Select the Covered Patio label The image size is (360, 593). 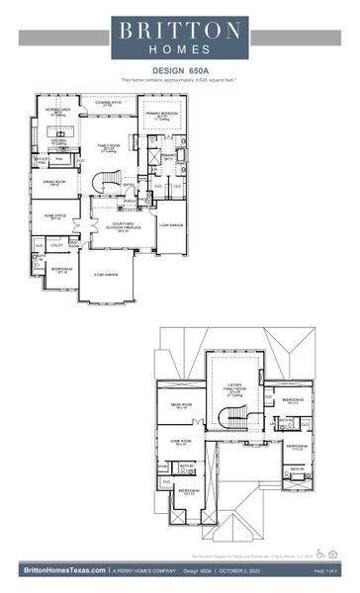click(109, 103)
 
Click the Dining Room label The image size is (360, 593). click(54, 182)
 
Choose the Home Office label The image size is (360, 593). click(53, 216)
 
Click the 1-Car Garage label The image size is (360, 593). click(170, 225)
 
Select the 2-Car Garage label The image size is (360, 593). click(106, 274)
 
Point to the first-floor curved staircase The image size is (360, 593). click(107, 183)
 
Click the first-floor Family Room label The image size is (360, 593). click(109, 147)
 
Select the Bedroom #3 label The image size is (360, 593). click(292, 402)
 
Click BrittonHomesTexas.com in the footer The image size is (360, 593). click(61, 570)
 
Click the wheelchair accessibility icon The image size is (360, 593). click(319, 552)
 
